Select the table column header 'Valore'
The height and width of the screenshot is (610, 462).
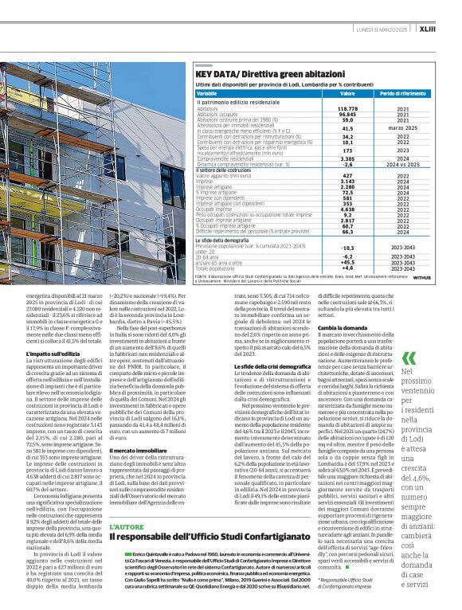click(347, 93)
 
